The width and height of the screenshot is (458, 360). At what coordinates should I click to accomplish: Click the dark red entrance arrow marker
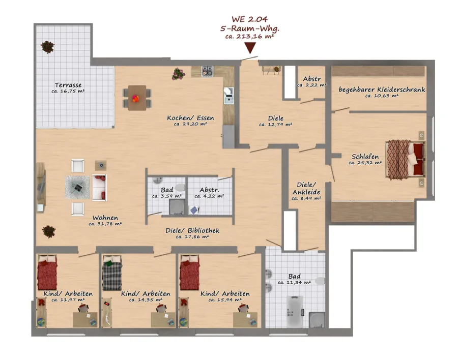point(250,48)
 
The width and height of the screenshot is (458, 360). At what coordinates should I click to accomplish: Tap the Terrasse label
point(68,85)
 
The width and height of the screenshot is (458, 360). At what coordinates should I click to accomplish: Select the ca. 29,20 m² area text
point(190,124)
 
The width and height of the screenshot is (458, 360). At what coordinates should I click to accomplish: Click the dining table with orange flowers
point(137,98)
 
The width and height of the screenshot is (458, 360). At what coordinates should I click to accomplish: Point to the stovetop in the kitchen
point(208,71)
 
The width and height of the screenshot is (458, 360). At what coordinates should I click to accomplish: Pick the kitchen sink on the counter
point(228,95)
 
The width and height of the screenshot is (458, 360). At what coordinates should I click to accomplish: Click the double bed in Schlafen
point(406,159)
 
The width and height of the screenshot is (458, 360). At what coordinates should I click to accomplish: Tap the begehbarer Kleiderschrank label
point(382,89)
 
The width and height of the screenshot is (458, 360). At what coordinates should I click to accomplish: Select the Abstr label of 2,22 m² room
point(312,79)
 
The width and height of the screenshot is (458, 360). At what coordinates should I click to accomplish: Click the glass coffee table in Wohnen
point(77,187)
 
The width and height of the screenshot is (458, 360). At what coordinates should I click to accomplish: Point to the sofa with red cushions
point(99,188)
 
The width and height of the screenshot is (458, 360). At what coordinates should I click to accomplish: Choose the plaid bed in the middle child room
point(112,273)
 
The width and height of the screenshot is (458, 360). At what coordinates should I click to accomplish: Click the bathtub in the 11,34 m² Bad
point(295,312)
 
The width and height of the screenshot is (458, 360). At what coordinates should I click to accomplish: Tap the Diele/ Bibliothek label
point(192,230)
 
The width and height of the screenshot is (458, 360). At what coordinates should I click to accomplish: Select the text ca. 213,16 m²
point(250,37)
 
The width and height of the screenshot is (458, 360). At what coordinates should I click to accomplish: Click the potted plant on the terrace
point(47,47)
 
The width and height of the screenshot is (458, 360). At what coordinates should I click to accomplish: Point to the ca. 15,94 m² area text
point(225,300)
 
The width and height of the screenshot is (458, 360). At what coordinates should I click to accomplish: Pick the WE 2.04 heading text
point(250,19)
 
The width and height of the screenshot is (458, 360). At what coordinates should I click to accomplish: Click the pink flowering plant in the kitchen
point(178,74)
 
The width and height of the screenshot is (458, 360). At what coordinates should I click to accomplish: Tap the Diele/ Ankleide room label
point(306,188)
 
